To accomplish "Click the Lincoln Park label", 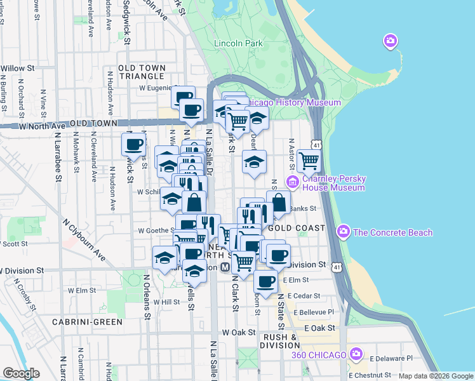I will (x=238, y=43).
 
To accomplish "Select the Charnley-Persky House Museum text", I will (x=333, y=184).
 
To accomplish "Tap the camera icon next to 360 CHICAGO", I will (x=356, y=354).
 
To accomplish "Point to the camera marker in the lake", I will (x=391, y=42).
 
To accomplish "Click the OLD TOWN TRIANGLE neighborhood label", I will (x=142, y=72).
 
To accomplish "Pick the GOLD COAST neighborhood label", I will (x=297, y=227).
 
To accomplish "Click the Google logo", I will (x=21, y=373).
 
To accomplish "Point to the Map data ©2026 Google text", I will (x=436, y=376).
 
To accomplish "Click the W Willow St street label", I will (x=17, y=68).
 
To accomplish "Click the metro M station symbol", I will (x=224, y=267).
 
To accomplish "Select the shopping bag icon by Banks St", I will (x=278, y=203).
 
